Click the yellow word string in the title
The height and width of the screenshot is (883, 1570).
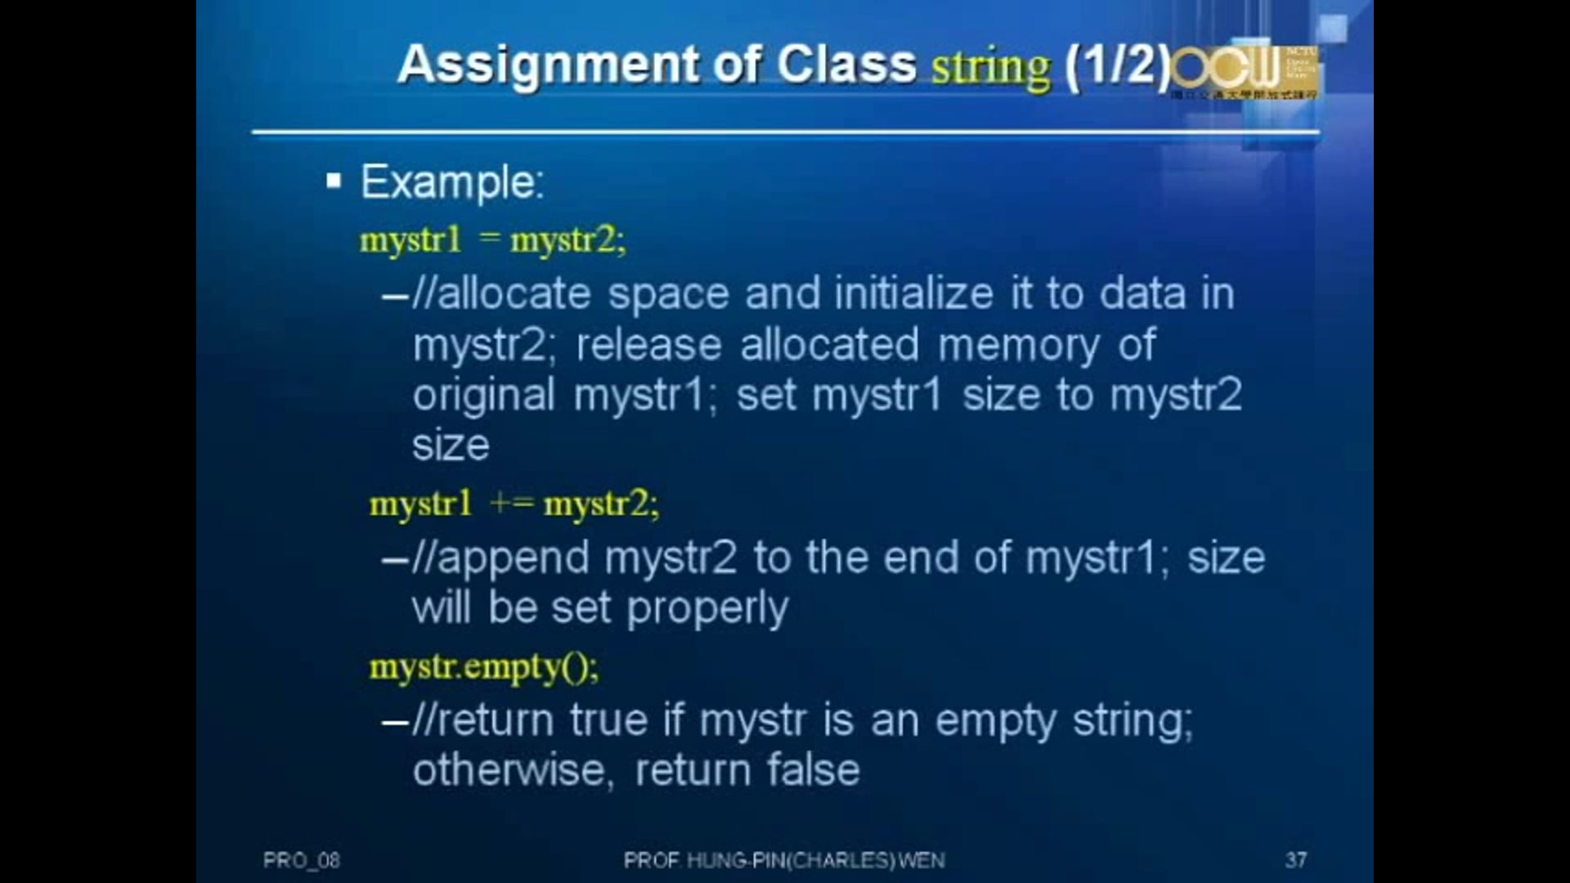point(991,67)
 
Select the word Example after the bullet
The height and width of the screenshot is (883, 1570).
point(452,182)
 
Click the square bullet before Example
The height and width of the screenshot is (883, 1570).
point(333,181)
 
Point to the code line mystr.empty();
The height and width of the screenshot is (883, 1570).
point(484,667)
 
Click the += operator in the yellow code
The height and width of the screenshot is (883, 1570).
point(511,504)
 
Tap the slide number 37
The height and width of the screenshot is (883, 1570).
point(1295,859)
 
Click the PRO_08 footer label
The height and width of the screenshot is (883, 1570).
point(301,860)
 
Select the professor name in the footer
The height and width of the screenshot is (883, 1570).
point(783,860)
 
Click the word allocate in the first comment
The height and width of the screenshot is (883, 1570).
point(514,294)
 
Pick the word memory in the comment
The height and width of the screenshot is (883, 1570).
point(1018,345)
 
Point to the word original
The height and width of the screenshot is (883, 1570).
point(483,396)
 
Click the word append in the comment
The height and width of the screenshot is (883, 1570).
point(514,558)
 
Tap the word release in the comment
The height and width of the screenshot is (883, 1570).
point(648,345)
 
